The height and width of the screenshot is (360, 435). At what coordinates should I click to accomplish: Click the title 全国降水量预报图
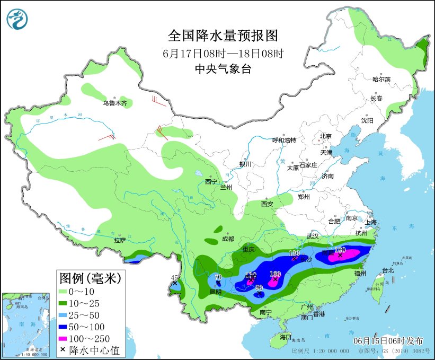(x=223, y=36)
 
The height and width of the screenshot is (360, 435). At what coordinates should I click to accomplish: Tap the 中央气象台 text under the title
(x=223, y=68)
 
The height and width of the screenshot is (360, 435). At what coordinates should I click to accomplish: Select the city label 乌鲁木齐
(x=115, y=103)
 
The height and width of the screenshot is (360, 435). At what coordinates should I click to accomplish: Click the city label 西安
(x=267, y=204)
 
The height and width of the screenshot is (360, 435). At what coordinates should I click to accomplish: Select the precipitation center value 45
(x=174, y=277)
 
